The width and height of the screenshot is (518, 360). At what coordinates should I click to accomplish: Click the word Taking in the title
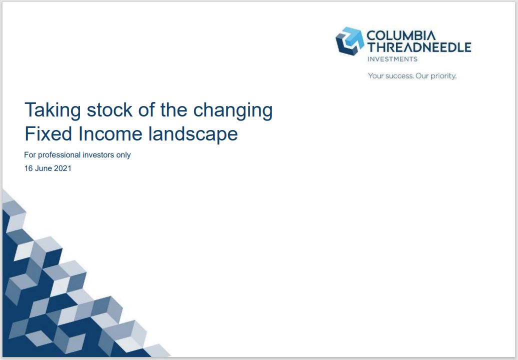(52, 110)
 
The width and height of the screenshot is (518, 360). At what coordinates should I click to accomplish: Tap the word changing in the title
(233, 110)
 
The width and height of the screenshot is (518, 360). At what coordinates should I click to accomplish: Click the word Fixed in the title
(48, 134)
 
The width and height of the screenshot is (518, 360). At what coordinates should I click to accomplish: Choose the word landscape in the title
(193, 134)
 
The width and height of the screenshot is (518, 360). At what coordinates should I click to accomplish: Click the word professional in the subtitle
(59, 155)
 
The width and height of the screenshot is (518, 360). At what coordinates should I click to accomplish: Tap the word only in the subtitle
(123, 155)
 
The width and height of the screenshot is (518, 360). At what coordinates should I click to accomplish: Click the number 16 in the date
(28, 168)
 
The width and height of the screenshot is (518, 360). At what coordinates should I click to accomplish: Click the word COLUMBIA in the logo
(401, 35)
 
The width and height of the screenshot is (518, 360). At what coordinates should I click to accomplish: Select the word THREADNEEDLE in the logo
(419, 47)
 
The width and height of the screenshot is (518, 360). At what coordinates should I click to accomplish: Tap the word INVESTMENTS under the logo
(392, 59)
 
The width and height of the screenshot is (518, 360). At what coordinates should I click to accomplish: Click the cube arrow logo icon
(350, 41)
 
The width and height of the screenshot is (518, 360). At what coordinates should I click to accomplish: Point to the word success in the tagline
(399, 76)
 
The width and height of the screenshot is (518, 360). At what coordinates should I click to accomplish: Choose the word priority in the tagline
(443, 76)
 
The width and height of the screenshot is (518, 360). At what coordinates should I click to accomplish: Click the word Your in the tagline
(375, 76)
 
